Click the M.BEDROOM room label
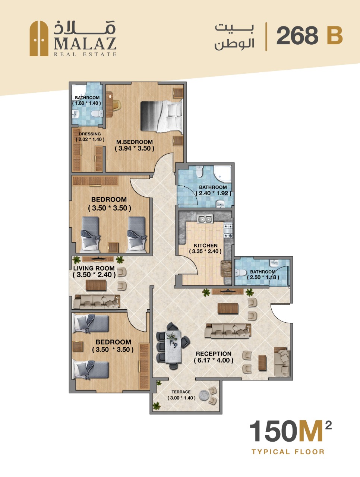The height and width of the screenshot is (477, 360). coord(135,142)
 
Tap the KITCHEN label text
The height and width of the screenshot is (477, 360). coord(206,245)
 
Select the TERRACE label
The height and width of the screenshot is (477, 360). coord(181,392)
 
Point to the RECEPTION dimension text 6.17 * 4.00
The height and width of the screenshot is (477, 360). coord(214,360)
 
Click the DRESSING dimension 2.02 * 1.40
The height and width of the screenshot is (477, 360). coord(90,139)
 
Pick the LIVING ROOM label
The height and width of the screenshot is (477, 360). coord(94,268)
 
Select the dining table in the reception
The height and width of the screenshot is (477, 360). coord(173,347)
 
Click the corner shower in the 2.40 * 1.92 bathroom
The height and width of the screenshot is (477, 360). coord(222,174)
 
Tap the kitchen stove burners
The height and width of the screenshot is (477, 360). coord(228,231)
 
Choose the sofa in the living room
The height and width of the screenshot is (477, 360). coord(97,302)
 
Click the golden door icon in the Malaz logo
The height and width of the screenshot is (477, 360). coord(39,38)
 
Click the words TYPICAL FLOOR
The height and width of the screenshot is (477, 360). coord(288,452)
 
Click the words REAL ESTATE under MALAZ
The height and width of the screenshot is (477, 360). coord(85,54)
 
